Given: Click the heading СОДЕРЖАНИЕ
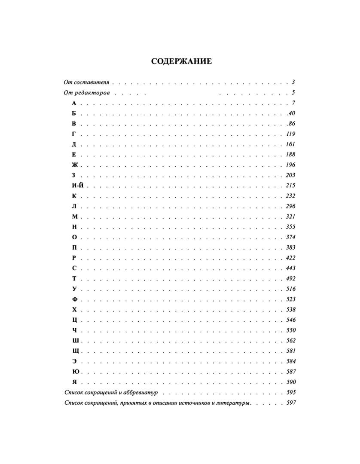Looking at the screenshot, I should [181, 61].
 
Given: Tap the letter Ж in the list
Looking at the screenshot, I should [74, 165].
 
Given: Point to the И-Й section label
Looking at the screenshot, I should [77, 186].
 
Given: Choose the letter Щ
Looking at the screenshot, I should [75, 351].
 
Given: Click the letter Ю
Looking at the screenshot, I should [75, 372].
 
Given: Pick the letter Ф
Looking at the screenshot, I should [74, 299].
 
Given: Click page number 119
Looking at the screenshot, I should [291, 134].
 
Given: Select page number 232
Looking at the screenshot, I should [291, 196].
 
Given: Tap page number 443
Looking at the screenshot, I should [291, 268].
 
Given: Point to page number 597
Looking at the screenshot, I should [291, 403].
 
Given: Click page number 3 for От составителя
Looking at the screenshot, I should [293, 82].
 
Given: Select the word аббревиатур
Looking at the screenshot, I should [142, 393].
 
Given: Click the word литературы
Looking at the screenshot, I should [234, 403].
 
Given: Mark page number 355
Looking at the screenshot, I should [291, 227].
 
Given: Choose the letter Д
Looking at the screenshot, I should [74, 144].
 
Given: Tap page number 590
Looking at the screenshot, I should [291, 382].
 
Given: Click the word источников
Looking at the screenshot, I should [192, 403].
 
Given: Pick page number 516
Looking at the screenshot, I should [291, 289].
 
